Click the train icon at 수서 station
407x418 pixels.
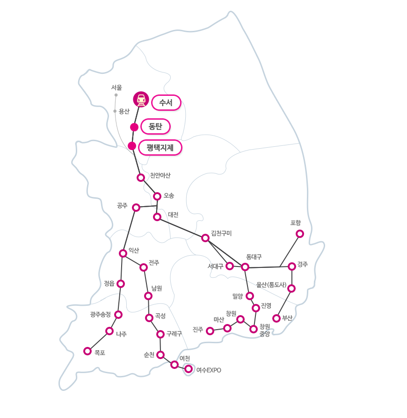[x=141, y=100]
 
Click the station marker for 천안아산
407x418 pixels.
[x=141, y=178]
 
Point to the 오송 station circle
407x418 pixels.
[x=157, y=196]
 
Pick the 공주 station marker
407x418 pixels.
[x=136, y=207]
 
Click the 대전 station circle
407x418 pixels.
[x=157, y=217]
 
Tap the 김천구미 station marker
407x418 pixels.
[x=205, y=238]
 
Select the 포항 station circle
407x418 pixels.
[x=300, y=234]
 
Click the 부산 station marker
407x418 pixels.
[x=276, y=318]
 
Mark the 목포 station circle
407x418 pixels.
[x=87, y=351]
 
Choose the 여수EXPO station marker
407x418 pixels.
[x=189, y=369]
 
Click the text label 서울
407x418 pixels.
[x=116, y=87]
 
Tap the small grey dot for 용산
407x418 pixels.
[x=115, y=111]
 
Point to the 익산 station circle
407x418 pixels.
[x=123, y=253]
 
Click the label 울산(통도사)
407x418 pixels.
[x=271, y=284]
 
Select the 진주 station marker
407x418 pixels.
[x=211, y=331]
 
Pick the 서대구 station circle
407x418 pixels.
[x=230, y=266]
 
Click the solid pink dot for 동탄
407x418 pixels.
[x=134, y=127]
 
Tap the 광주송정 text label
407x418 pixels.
[x=101, y=314]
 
